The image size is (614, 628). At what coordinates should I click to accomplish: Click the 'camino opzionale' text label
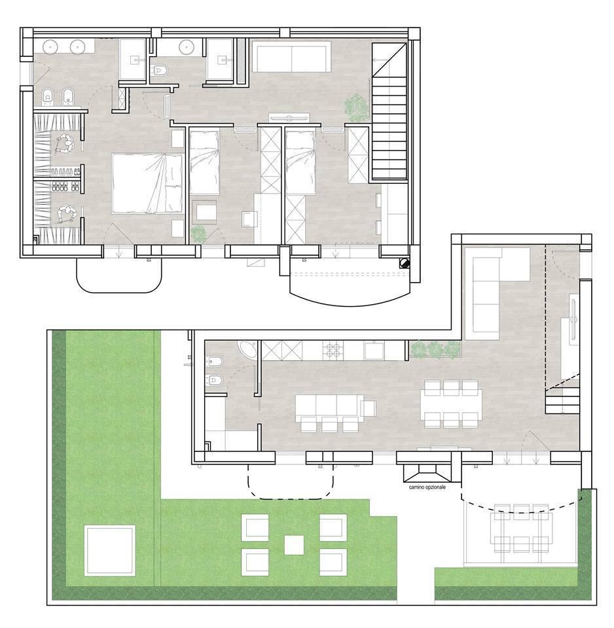coord(425,487)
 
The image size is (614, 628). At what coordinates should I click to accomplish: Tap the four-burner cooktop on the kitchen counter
coord(331,350)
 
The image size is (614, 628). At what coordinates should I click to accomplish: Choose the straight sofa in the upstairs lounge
coord(291,58)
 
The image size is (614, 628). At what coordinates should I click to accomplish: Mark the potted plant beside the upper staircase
coord(356,107)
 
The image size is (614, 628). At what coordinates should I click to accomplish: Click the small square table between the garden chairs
coord(294,544)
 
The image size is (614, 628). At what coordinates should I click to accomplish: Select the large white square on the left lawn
coord(110,550)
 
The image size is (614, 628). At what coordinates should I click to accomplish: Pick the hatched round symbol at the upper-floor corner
coord(405,263)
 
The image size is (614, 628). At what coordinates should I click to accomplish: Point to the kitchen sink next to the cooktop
coord(374,350)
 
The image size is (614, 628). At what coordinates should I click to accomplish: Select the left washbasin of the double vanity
coord(52,47)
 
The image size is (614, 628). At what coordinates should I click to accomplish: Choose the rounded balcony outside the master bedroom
coord(119,275)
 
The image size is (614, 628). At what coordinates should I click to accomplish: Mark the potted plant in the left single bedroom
coord(198,233)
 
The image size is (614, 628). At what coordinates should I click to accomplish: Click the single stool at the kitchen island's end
coord(369,408)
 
